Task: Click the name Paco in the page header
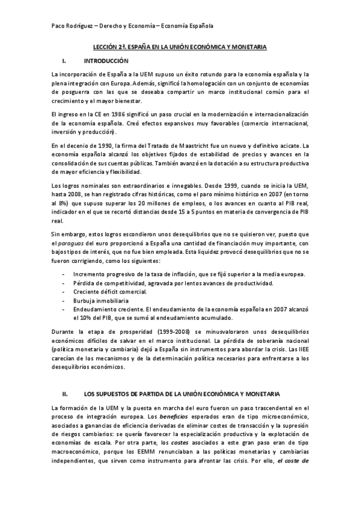(59, 26)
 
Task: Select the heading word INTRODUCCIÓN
(106, 61)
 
